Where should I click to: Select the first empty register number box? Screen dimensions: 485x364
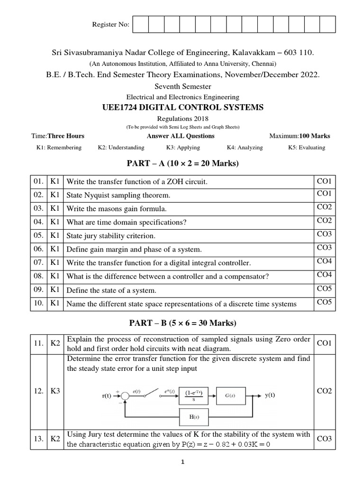(x=141, y=24)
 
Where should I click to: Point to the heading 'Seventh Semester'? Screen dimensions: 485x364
(x=182, y=86)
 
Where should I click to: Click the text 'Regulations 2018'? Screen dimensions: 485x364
(x=182, y=118)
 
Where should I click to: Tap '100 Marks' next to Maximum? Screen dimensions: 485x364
(x=314, y=136)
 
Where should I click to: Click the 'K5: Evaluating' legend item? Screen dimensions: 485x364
(x=307, y=147)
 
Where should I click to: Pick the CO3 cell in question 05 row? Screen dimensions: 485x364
(x=325, y=234)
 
